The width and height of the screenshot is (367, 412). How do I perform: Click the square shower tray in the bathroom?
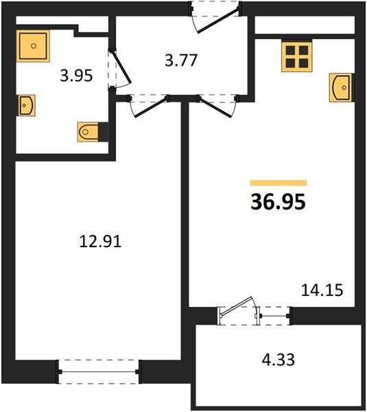click(32, 45)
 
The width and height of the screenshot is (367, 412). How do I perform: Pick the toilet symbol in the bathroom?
click(88, 130)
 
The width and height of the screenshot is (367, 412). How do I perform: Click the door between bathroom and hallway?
click(117, 69)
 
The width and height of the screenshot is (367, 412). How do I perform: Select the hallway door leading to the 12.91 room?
click(147, 105)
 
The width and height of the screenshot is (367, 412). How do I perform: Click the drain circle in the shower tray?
click(32, 45)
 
